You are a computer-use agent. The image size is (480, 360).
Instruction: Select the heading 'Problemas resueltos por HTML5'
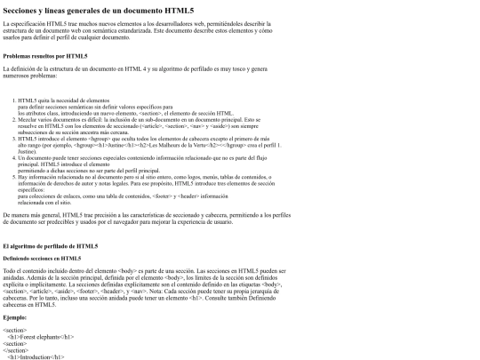tap(45, 55)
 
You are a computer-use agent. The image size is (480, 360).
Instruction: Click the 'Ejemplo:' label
tap(15, 316)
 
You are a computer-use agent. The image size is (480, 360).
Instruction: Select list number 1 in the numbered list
tap(13, 101)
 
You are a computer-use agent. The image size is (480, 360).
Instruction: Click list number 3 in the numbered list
tap(13, 139)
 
